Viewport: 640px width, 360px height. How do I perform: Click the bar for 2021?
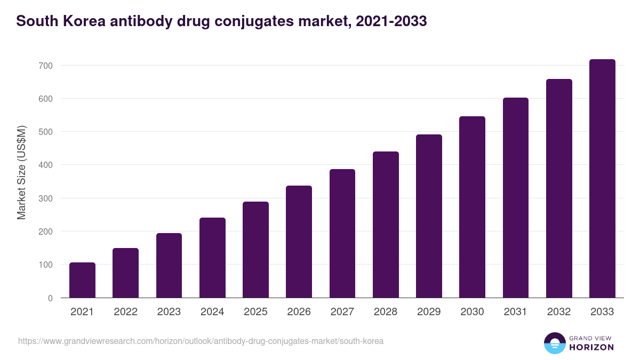point(82,280)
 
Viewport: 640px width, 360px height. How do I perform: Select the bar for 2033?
point(602,179)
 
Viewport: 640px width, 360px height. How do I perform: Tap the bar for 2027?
point(342,234)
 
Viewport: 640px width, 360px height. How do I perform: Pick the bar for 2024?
point(212,258)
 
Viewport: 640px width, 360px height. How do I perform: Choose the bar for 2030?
point(472,207)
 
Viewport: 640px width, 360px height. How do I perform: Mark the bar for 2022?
point(125,273)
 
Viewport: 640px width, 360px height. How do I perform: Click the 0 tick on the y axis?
point(50,298)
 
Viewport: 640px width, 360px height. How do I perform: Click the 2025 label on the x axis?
point(255,312)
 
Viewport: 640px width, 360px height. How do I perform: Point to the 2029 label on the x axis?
point(429,312)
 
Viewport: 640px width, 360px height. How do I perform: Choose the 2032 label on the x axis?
point(559,312)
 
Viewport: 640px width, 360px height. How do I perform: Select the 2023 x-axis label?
point(169,312)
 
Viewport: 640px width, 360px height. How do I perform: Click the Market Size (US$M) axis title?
point(21,172)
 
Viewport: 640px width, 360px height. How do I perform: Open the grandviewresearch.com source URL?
point(201,341)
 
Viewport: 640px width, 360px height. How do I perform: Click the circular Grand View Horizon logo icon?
point(554,343)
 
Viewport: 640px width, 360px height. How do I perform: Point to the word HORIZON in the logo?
point(591,347)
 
